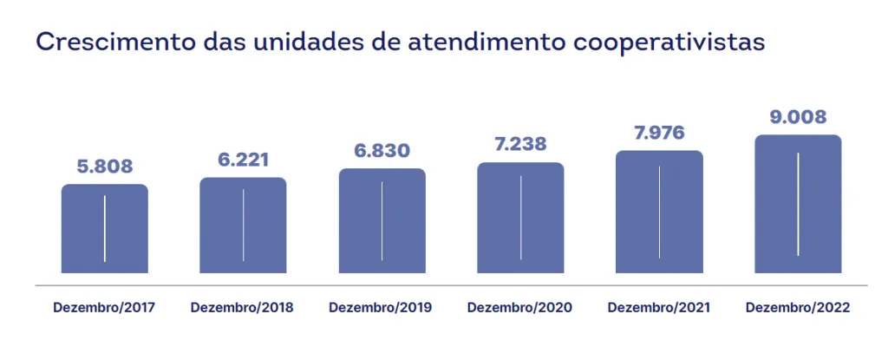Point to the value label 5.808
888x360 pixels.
point(104,167)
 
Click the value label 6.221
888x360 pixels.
point(243,160)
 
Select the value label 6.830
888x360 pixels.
point(382,151)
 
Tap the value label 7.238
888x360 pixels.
point(520,145)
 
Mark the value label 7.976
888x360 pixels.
point(659,133)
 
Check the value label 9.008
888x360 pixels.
point(798,116)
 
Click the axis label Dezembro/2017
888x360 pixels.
point(104,308)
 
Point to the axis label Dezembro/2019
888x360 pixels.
point(381,308)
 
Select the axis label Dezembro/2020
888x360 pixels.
point(519,308)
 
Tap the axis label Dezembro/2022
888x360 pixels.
point(798,308)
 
